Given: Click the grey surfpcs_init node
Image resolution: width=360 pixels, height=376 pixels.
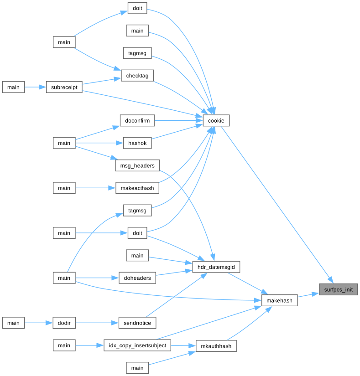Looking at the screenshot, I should point(338,289).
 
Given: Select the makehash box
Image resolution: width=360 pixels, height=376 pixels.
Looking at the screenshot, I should point(279,300).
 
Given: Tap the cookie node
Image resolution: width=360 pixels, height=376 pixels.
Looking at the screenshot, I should point(216,120).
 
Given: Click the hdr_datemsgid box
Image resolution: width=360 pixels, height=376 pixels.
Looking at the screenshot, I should point(216,267).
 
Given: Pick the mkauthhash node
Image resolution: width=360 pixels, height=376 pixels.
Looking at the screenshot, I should point(216,346).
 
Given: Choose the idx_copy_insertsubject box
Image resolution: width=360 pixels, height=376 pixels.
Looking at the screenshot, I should point(137,345).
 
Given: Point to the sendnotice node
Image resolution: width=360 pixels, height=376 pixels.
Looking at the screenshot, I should point(137,323).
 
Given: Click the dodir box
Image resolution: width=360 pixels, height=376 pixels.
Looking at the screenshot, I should point(64,323).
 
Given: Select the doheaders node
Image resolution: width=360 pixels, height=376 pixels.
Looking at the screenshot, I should point(137,278).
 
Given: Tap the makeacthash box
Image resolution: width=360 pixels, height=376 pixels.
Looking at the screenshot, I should point(137,188).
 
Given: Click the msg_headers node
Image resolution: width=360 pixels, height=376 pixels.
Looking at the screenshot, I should point(137,165).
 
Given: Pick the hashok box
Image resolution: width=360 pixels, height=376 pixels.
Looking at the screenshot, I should point(137,143).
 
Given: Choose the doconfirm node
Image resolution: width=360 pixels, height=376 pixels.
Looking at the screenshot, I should point(137,120).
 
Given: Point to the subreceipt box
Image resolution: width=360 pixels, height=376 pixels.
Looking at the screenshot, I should point(64,87).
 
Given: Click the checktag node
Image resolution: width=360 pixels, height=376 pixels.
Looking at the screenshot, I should point(137,75).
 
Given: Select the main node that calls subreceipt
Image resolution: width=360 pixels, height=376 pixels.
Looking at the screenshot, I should point(13,87).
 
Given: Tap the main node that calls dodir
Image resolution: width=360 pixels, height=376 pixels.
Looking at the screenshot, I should point(13,323).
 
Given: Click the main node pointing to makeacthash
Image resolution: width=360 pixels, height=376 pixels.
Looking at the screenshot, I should point(64,188).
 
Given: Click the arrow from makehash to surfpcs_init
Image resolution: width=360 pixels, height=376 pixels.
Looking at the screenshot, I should point(308,295).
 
